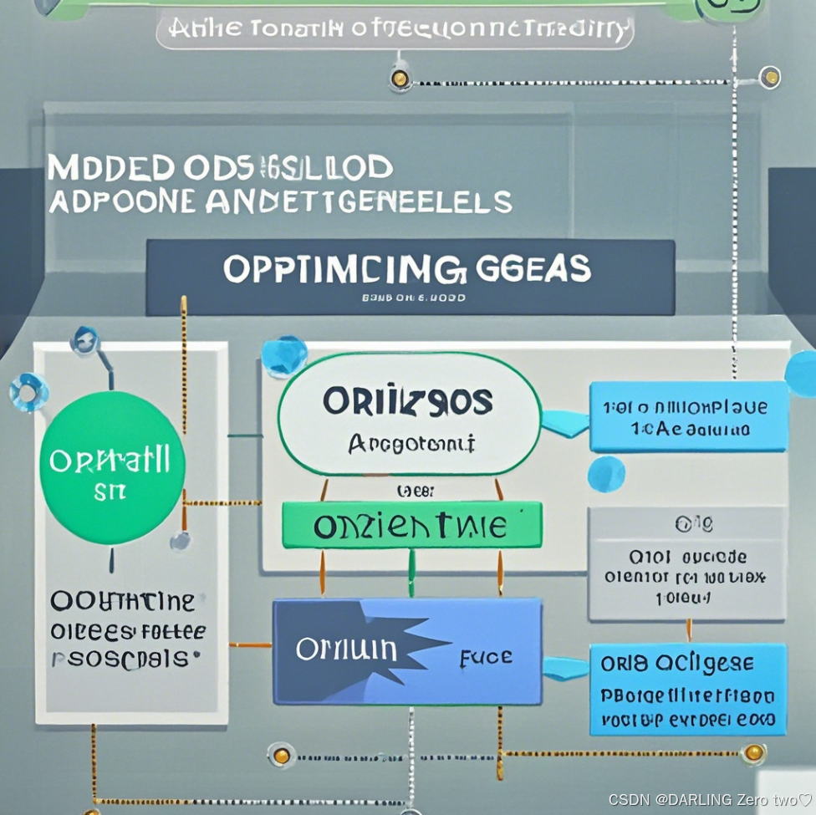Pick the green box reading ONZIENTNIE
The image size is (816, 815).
411,526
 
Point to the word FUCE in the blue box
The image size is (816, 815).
486,657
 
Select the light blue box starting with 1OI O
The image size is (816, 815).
687,416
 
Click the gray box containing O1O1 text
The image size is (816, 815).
686,564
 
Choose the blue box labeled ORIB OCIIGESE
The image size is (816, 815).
687,689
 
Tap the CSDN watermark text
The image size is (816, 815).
710,800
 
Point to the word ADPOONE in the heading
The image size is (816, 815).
124,201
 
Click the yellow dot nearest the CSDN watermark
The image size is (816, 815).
753,752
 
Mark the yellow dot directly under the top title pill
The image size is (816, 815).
400,79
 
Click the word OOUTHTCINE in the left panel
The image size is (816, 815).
122,601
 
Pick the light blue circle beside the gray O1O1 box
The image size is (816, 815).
605,474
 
